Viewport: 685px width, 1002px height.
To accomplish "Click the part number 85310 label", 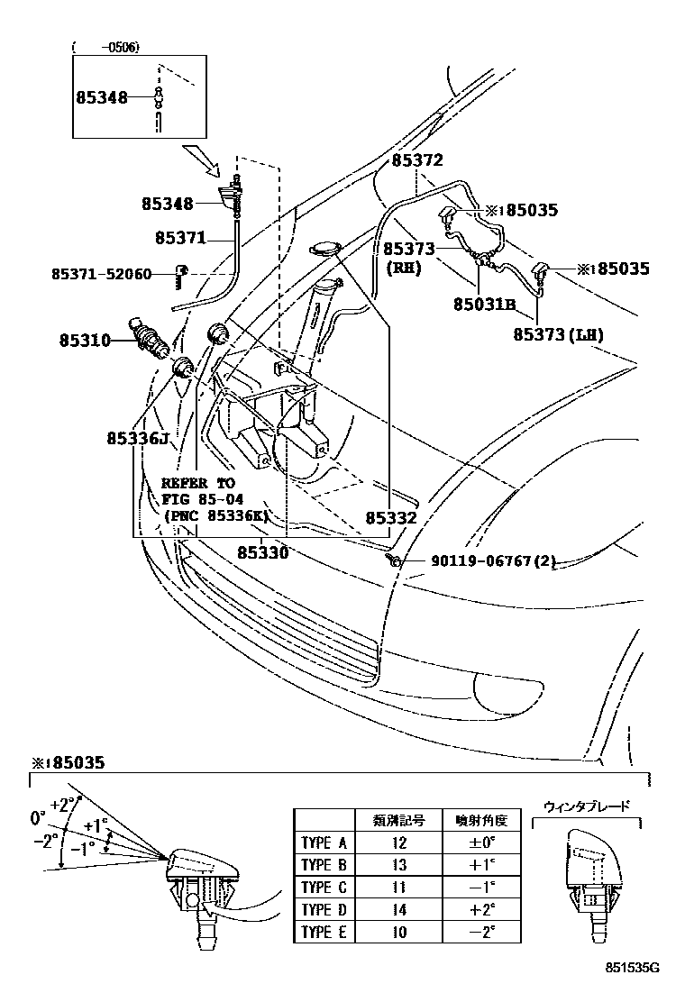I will click(x=85, y=341).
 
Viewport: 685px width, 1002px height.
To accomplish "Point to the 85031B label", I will click(x=484, y=305).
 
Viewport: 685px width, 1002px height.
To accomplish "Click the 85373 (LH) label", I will click(x=559, y=334).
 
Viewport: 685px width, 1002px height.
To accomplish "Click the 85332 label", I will click(x=391, y=518).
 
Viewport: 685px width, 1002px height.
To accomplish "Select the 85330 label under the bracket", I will click(x=262, y=552).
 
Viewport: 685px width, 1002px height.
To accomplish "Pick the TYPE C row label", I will click(x=323, y=887).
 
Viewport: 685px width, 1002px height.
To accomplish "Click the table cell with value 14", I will click(x=399, y=909).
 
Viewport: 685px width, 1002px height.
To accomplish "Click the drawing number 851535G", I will click(x=632, y=969).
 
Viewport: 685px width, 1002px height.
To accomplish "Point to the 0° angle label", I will click(x=38, y=818).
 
